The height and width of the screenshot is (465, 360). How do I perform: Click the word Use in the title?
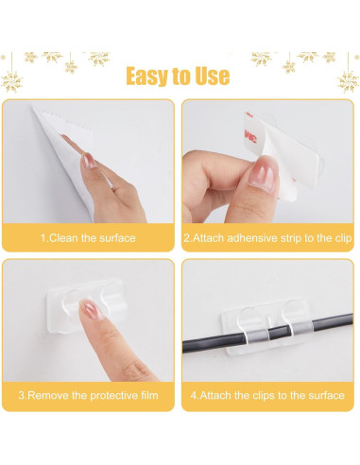pyautogui.click(x=213, y=76)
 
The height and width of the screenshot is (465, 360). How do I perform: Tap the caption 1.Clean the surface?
pyautogui.click(x=88, y=237)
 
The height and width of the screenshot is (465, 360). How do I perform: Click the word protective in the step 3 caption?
pyautogui.click(x=107, y=395)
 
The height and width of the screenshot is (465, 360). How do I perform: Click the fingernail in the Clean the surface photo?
pyautogui.click(x=88, y=161)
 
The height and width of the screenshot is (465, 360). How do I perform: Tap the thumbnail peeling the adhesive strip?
pyautogui.click(x=264, y=177)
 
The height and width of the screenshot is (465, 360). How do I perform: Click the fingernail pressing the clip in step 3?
pyautogui.click(x=93, y=309)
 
